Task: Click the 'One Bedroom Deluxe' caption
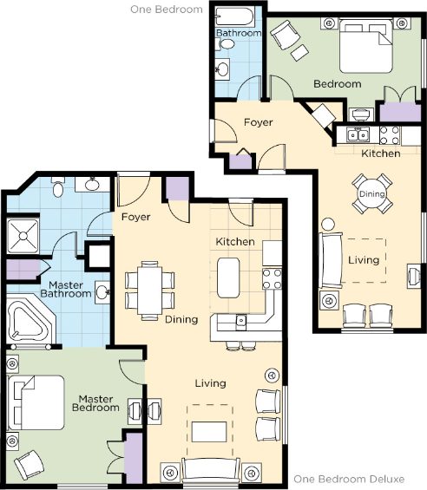pyautogui.click(x=349, y=479)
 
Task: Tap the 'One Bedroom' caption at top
pyautogui.click(x=167, y=10)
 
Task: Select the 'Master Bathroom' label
pyautogui.click(x=66, y=290)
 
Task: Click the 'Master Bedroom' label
pyautogui.click(x=95, y=403)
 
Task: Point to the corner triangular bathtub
pyautogui.click(x=28, y=320)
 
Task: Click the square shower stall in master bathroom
pyautogui.click(x=23, y=236)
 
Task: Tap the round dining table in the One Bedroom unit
pyautogui.click(x=371, y=193)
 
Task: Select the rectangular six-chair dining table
pyautogui.click(x=149, y=291)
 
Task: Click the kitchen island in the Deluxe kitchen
pyautogui.click(x=228, y=278)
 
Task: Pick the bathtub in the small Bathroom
pyautogui.click(x=235, y=16)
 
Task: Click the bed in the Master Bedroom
pyautogui.click(x=36, y=402)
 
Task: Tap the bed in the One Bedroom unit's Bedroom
pyautogui.click(x=365, y=46)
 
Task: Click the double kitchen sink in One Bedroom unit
pyautogui.click(x=358, y=135)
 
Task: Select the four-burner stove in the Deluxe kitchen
pyautogui.click(x=272, y=279)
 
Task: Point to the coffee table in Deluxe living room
pyautogui.click(x=209, y=432)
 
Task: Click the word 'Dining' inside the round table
pyautogui.click(x=371, y=193)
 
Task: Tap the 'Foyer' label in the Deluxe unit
pyautogui.click(x=135, y=217)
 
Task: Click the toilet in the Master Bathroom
pyautogui.click(x=58, y=186)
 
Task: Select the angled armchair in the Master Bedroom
pyautogui.click(x=30, y=465)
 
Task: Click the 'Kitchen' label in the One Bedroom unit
pyautogui.click(x=381, y=154)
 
